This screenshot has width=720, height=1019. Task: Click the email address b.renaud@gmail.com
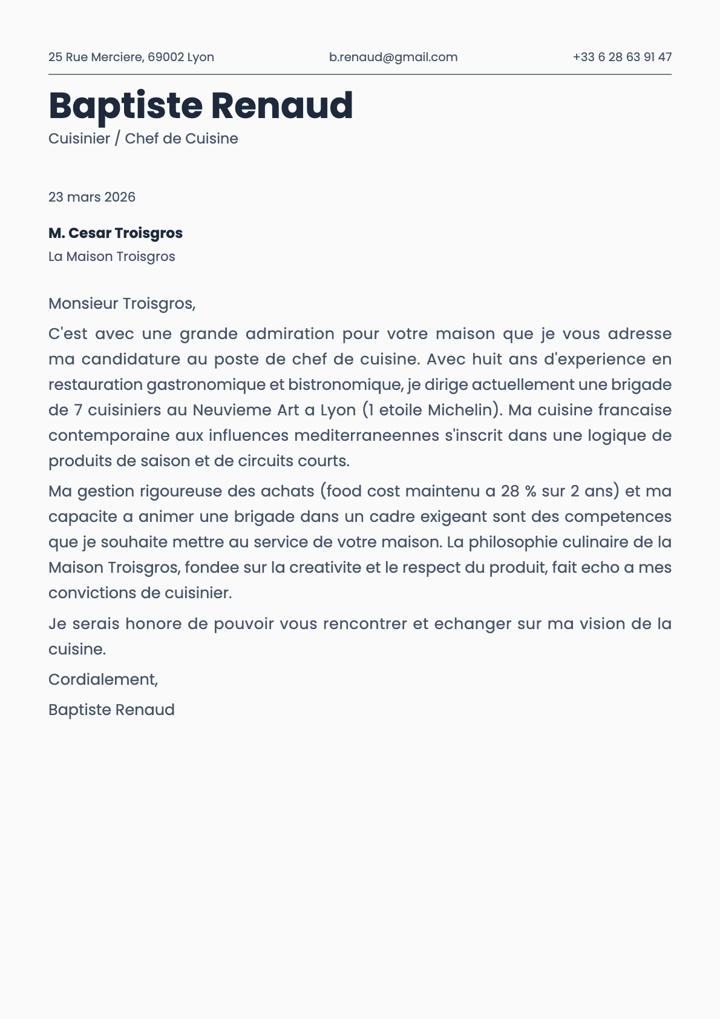393,57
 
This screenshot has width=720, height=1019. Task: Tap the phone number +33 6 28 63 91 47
622,57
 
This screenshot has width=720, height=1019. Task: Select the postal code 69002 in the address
165,57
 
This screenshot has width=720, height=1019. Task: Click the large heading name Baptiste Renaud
200,105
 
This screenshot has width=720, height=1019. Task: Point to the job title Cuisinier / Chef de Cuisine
143,139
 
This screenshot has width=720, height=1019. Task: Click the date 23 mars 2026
92,197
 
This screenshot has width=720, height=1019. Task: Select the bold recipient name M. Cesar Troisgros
116,233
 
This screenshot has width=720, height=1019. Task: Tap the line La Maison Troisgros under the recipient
112,257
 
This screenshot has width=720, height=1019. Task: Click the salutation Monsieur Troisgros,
122,303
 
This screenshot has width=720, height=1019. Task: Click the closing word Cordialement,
103,679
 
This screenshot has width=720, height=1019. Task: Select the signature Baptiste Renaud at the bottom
111,710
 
